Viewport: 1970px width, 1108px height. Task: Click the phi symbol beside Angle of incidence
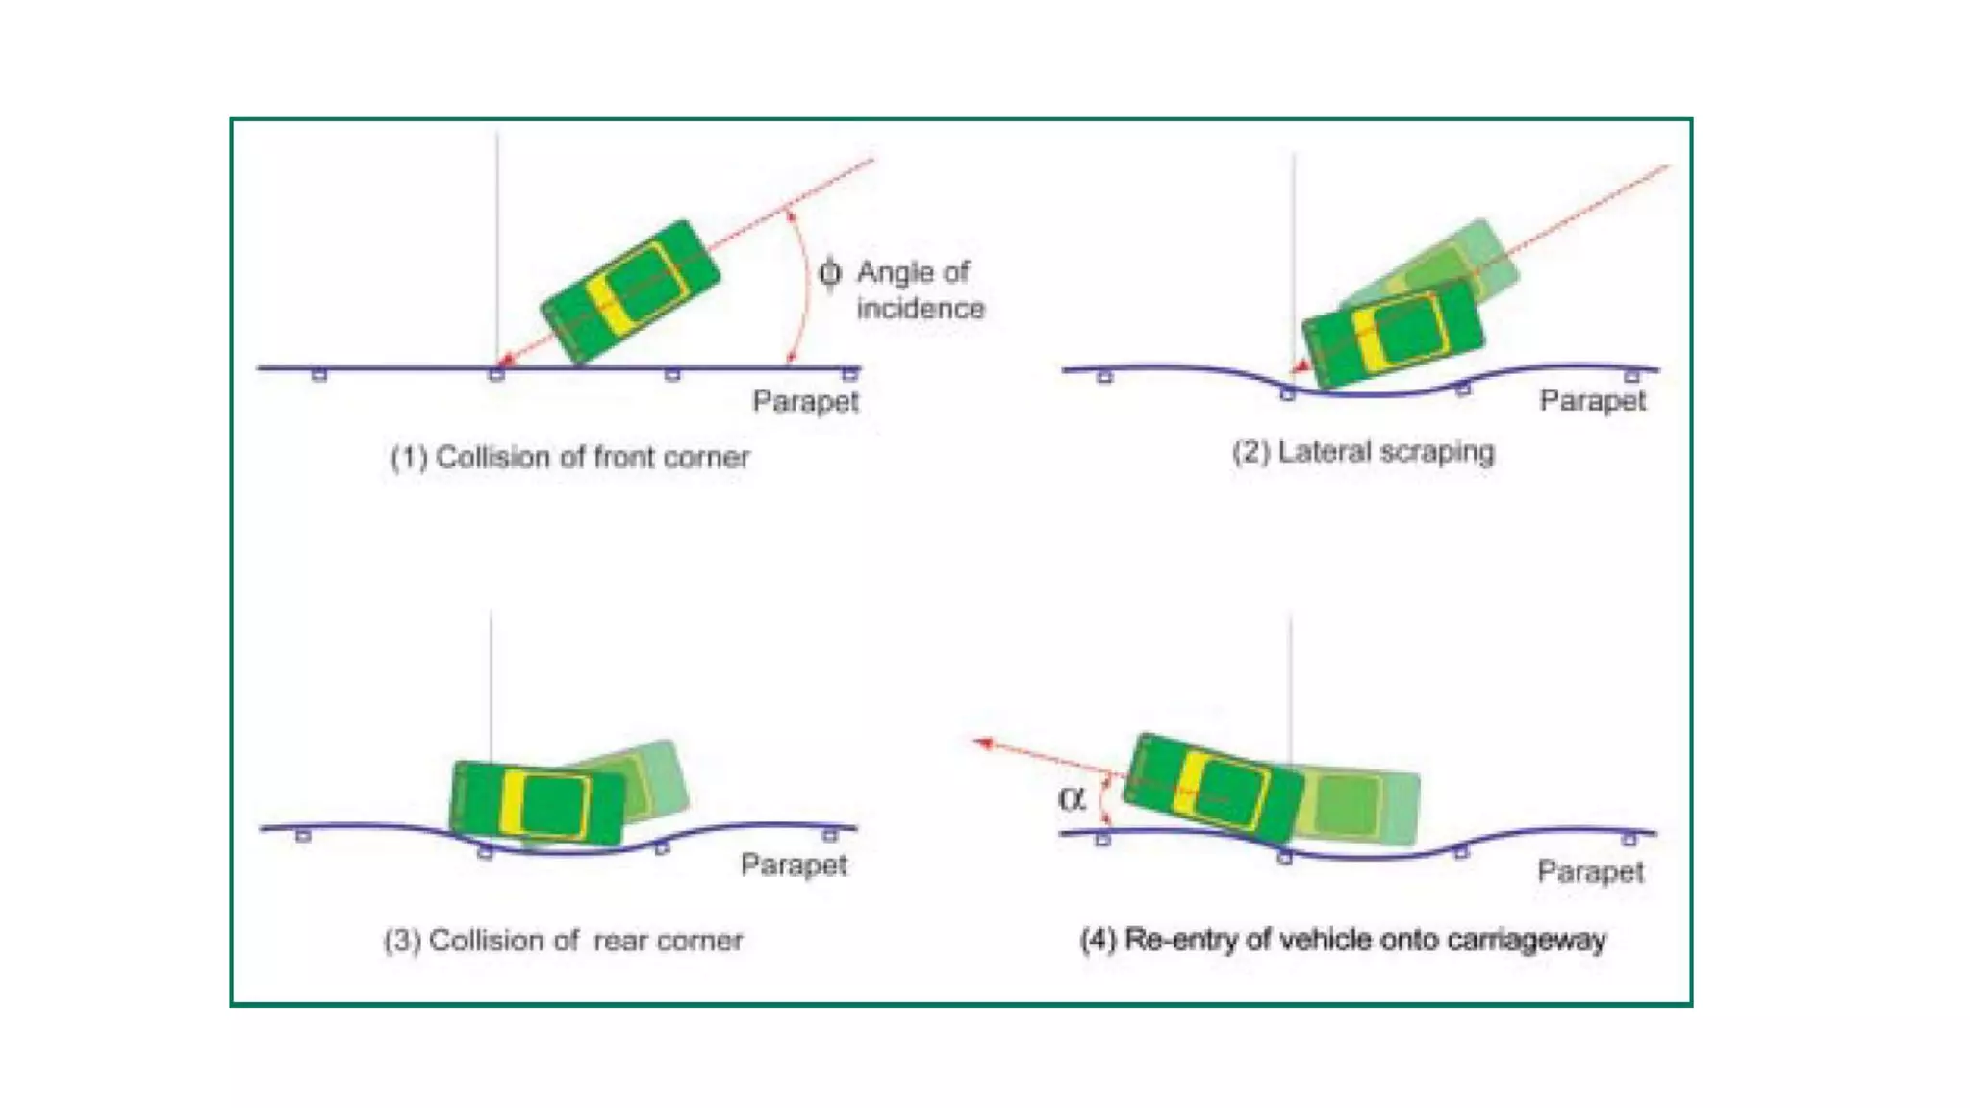829,273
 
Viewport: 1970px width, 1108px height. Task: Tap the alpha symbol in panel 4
1071,798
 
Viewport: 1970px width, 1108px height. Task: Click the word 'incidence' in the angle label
921,309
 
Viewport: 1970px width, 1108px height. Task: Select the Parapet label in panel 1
805,401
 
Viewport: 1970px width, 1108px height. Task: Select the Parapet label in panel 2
1592,400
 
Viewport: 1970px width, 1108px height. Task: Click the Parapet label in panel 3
794,865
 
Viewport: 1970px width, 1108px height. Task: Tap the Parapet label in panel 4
1590,871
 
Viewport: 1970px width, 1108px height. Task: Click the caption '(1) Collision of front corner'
569,457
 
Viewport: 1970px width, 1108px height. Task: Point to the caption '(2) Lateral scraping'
1363,452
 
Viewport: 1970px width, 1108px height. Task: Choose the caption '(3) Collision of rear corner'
563,940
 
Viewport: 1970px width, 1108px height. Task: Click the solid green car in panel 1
631,291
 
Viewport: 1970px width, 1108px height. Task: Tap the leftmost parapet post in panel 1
319,375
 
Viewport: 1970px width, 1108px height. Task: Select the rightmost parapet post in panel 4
1629,840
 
